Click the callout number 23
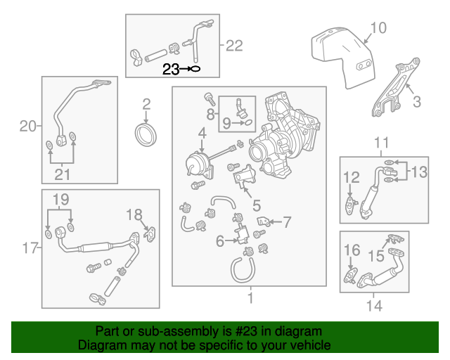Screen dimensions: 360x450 coord(171,69)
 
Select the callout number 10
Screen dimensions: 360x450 coord(378,28)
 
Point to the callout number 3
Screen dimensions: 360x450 coord(416,102)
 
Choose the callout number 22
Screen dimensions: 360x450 coord(233,46)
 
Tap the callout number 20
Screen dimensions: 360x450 coord(27,127)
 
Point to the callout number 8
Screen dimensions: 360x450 coord(210,112)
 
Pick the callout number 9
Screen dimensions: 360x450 coord(226,123)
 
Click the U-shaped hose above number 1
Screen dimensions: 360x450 coord(241,268)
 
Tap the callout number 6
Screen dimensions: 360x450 coord(220,241)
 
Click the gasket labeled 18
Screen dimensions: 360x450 coord(150,233)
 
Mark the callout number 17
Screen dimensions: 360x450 coord(27,247)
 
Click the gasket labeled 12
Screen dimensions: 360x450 coord(349,203)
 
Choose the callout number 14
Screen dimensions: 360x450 coord(373,306)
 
